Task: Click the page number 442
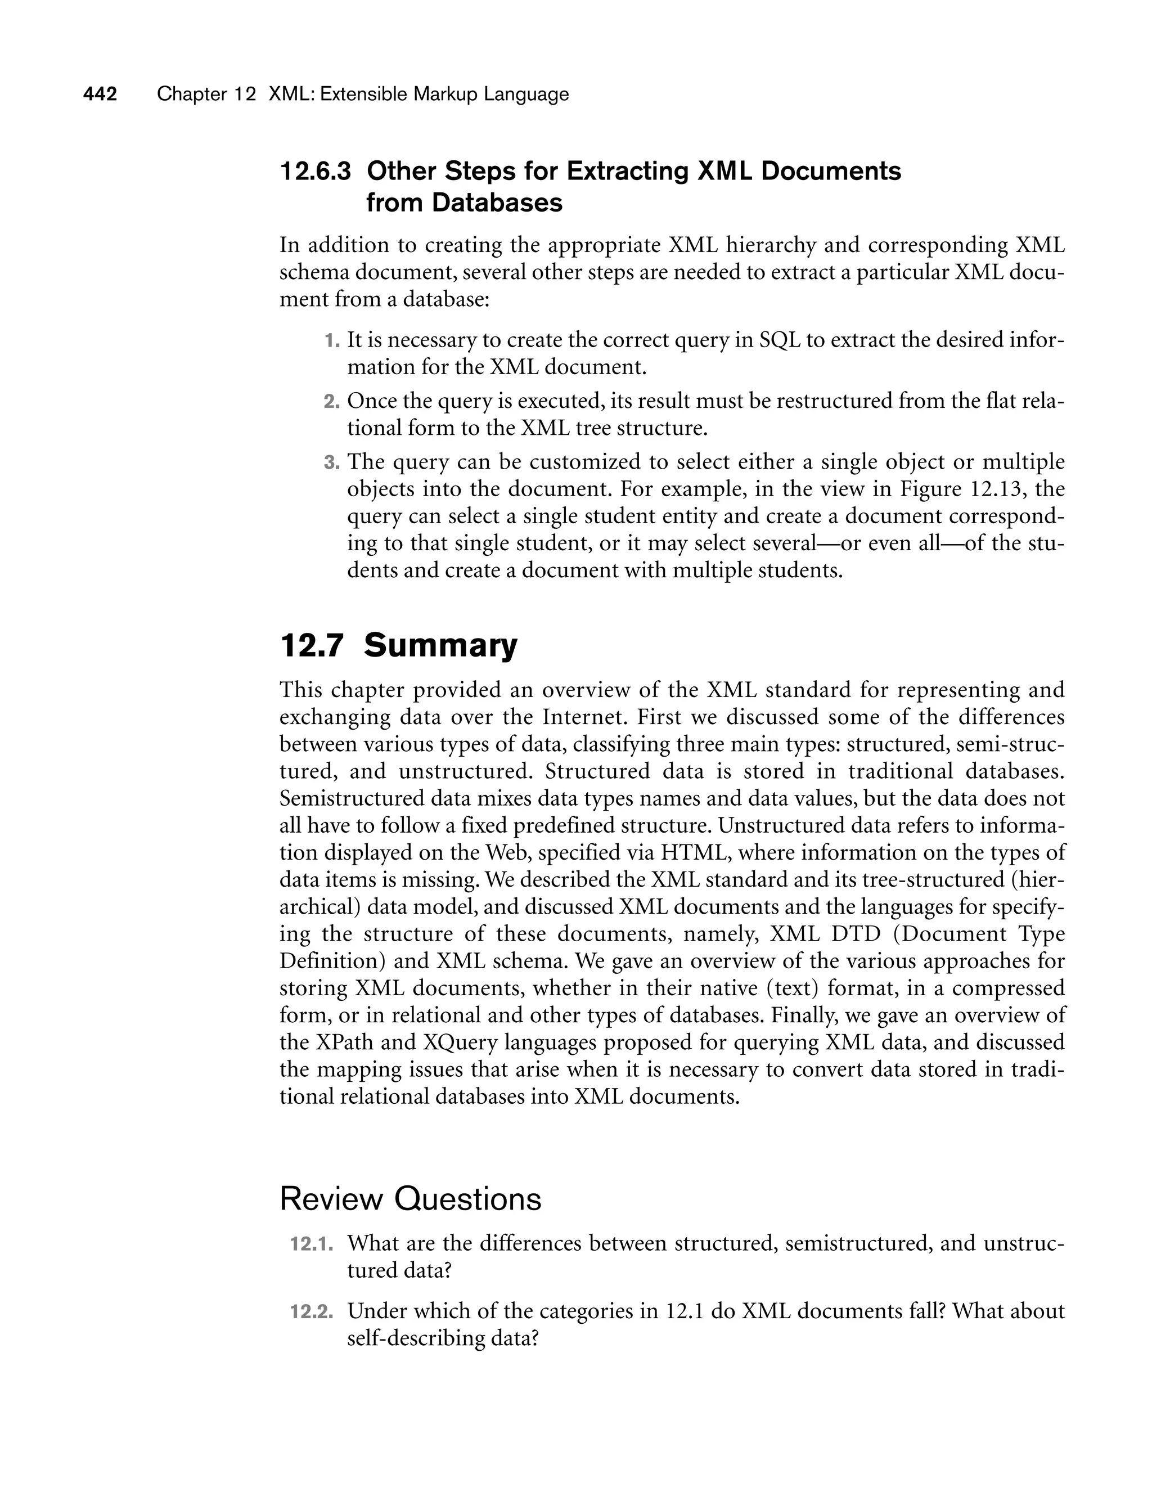(100, 94)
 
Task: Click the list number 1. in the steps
(332, 340)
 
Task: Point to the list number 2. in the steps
(332, 401)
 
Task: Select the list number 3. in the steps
(332, 462)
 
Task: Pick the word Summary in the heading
(440, 646)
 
